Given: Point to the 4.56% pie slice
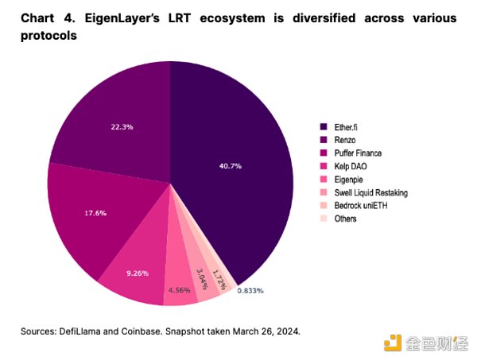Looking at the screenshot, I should coord(181,288).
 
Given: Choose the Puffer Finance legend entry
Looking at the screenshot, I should coord(350,153).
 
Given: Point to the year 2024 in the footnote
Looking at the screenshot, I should coord(285,331).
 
